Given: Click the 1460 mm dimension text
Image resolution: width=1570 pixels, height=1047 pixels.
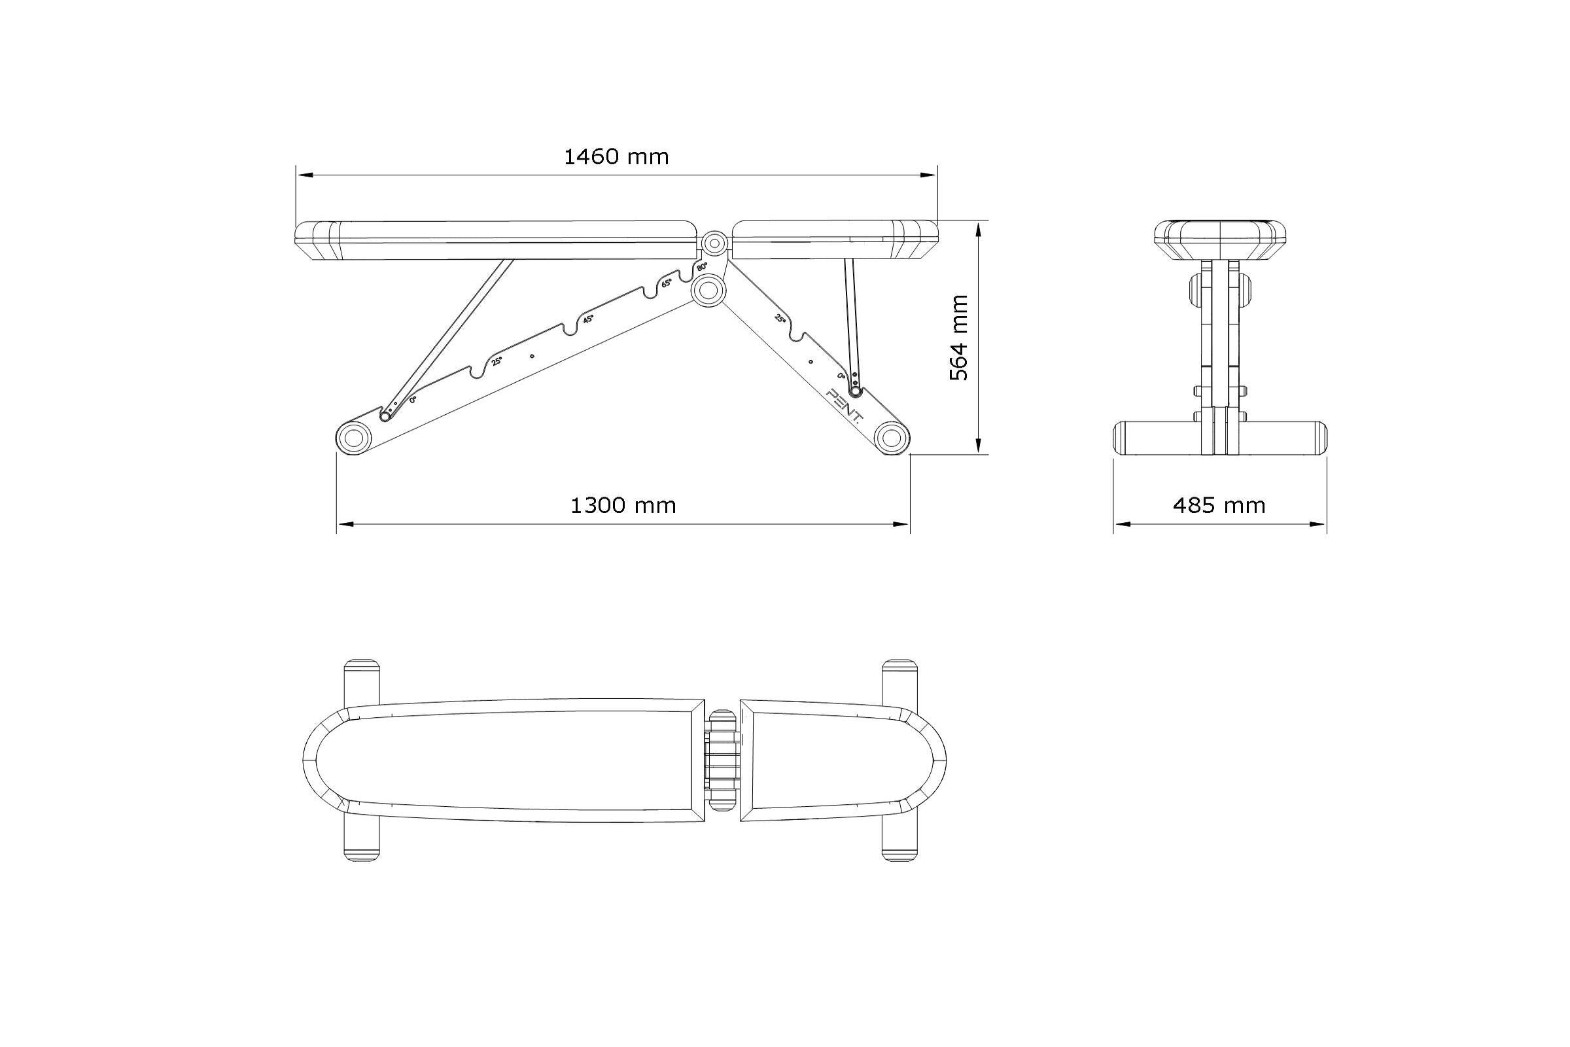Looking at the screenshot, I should coord(616,157).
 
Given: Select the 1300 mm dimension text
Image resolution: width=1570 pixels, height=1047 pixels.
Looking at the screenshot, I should coord(623,505).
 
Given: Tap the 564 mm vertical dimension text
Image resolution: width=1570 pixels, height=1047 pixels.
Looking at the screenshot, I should coord(959,338).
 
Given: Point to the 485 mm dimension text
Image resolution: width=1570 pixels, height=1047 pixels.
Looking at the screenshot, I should coord(1219,505).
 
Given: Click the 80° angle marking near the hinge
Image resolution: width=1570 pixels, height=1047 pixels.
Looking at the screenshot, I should coord(701,267).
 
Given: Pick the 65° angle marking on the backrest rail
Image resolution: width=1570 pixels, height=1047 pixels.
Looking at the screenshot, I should coord(666,283).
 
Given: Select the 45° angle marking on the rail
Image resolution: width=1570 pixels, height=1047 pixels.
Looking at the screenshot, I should coord(588,319).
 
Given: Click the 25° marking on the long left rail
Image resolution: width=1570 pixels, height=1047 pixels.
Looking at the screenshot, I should coord(497,362).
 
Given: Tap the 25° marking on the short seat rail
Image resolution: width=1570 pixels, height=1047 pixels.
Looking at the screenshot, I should coord(779,319).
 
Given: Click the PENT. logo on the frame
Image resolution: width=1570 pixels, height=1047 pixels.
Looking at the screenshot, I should coord(845,405).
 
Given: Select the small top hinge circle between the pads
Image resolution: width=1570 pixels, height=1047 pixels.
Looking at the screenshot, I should coord(715,242).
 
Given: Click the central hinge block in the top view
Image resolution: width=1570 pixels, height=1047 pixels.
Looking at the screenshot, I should coord(722,760).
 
